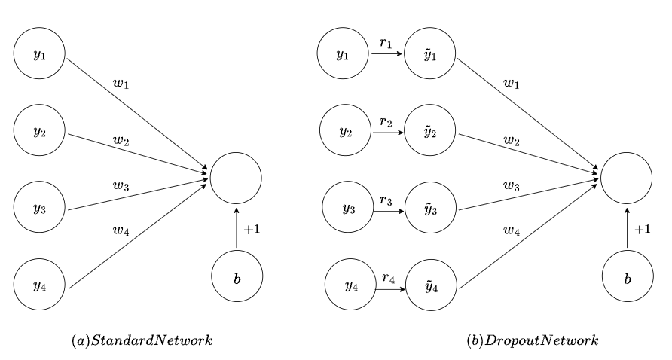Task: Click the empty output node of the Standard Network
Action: pyautogui.click(x=236, y=178)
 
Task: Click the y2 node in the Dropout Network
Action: pyautogui.click(x=345, y=133)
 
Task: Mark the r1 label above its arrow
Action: pyautogui.click(x=386, y=44)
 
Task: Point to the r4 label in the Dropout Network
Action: pyautogui.click(x=389, y=278)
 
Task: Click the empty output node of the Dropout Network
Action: pyautogui.click(x=626, y=178)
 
